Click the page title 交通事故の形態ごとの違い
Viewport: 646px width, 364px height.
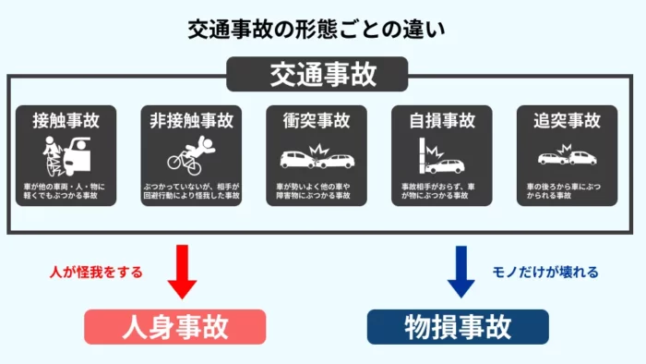click(322, 29)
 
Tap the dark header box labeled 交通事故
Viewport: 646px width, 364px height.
click(323, 75)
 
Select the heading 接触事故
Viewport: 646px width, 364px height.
click(66, 120)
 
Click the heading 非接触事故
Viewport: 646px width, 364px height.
click(193, 120)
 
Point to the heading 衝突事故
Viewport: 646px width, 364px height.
click(317, 120)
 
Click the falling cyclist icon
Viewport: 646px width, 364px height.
click(191, 155)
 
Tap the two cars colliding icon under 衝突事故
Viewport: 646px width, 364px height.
click(317, 157)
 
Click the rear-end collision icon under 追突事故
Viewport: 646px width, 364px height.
click(566, 157)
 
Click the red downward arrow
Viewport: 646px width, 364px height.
click(182, 272)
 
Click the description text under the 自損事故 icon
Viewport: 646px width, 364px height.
click(442, 191)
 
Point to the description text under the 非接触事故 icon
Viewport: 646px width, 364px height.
click(192, 191)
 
